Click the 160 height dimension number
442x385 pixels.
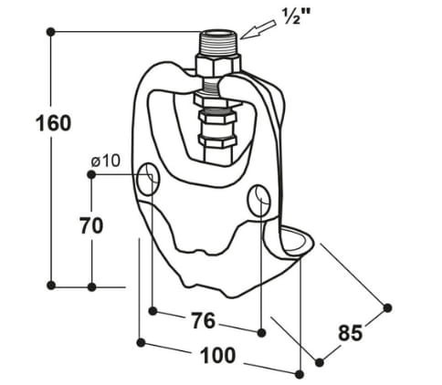point(54,123)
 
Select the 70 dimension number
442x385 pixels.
point(91,225)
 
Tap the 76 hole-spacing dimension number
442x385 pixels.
point(204,320)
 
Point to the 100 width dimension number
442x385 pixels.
point(218,355)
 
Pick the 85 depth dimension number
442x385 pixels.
point(350,332)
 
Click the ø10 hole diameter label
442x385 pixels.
point(106,161)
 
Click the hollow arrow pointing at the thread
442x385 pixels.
point(258,29)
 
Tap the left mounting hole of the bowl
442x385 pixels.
point(148,179)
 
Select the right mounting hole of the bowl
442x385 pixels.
point(259,200)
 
